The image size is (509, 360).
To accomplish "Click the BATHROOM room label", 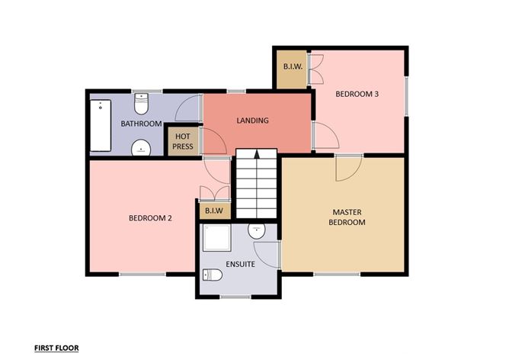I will pos(141,124).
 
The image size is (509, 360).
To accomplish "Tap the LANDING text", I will pos(252,121).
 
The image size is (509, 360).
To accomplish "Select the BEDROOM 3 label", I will pos(357,95).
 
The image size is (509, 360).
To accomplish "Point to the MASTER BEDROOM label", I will pos(347,217).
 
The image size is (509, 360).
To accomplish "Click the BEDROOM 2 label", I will pos(149,218).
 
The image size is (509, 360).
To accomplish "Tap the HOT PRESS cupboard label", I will pos(182,141).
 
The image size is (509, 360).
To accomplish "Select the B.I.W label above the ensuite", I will pos(211,211).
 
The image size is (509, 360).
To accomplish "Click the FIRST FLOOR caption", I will pos(56,348).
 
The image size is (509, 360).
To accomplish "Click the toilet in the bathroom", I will pos(141,102).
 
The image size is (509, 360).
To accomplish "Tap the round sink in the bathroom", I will pos(141,148).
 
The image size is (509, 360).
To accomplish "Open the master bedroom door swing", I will pos(347,169).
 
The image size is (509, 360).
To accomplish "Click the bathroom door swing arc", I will pos(187,108).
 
